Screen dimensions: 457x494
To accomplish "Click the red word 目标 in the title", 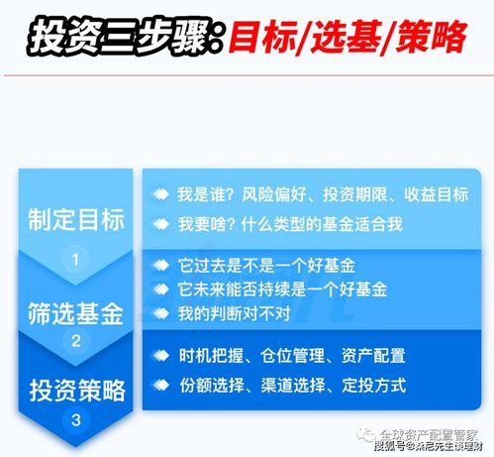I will pos(260,38).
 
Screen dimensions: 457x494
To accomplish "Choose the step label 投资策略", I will pos(76,385).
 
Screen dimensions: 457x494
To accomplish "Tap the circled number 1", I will pos(76,261).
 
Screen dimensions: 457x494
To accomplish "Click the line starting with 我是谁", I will pos(323,195).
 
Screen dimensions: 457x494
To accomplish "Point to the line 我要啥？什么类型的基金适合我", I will pos(289,225).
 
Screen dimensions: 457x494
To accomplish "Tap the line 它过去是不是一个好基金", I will pos(266,267).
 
